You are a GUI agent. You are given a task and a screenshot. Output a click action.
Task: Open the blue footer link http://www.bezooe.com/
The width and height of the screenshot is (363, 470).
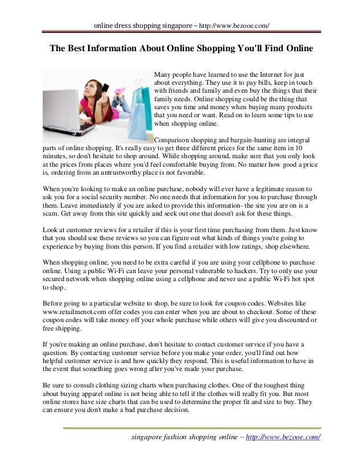(x=282, y=437)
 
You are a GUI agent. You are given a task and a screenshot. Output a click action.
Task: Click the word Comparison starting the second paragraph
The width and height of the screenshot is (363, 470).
(x=175, y=139)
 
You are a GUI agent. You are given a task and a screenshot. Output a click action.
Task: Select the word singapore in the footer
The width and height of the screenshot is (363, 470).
(x=148, y=437)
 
